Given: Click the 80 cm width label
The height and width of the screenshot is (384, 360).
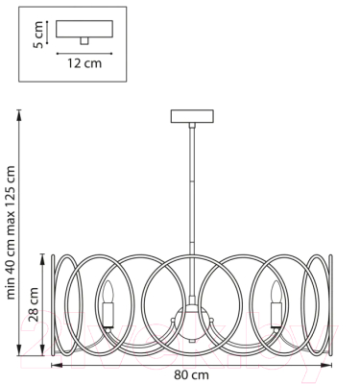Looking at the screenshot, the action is point(191,374).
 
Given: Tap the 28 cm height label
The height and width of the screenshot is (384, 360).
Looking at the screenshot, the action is point(34,304).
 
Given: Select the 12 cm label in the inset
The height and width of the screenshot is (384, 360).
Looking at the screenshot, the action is point(84,63).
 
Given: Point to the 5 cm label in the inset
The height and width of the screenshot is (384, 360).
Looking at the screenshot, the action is point(37,35).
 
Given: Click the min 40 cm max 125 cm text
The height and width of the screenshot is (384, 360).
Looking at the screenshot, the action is point(11,232).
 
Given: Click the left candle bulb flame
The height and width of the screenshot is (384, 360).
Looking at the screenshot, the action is point(108,291).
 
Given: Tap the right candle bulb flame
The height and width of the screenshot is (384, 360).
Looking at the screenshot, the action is point(276,291).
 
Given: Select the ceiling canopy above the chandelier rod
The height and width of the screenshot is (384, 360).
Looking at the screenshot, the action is point(192,116).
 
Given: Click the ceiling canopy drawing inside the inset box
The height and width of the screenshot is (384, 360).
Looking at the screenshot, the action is point(84,29).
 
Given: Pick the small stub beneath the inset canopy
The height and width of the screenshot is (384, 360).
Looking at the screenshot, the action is point(84,41).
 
